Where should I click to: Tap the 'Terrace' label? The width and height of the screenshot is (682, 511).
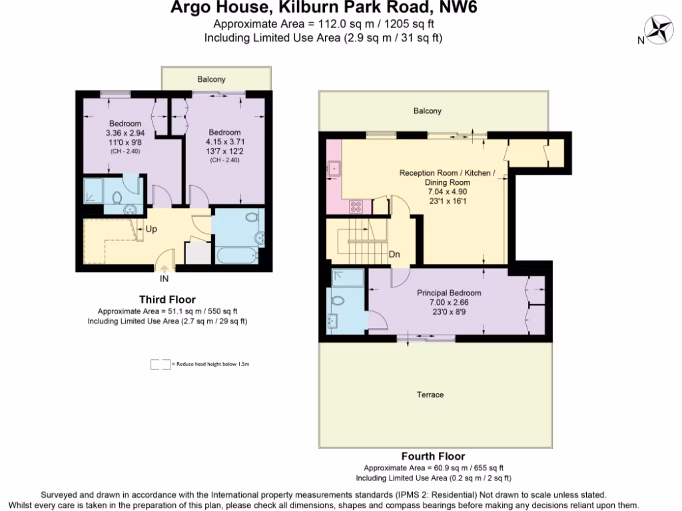coord(430,395)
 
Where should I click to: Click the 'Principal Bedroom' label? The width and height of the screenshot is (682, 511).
coord(449,293)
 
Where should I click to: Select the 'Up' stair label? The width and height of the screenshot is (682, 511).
coord(151,229)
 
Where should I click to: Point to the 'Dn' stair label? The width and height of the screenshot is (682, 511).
coord(394,254)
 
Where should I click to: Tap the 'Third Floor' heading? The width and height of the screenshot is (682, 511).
coord(167,299)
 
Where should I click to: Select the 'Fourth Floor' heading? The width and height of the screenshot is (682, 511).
coord(433,456)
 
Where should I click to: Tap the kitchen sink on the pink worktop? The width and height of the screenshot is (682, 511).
coord(334,169)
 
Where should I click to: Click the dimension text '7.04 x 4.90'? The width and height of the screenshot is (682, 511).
coord(448,192)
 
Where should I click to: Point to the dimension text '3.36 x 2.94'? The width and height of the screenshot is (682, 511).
coord(125,133)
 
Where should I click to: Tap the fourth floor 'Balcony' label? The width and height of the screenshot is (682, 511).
coord(427,111)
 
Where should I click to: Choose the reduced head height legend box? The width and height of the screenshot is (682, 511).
coord(160,365)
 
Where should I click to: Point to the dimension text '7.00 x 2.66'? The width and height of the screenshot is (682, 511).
coord(449,302)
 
